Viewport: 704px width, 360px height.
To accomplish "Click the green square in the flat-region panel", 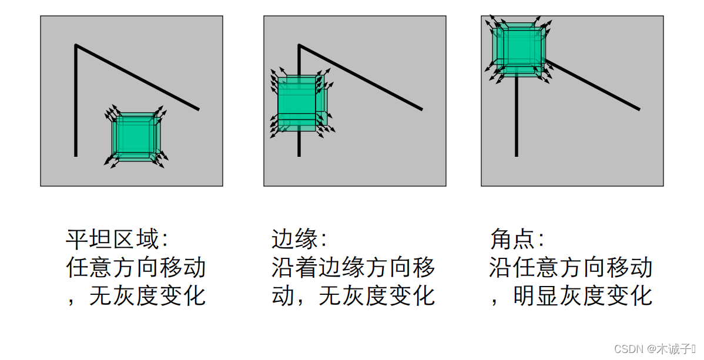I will click(135, 136).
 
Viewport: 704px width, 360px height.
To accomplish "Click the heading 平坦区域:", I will click(117, 240).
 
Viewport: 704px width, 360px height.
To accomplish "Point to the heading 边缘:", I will click(299, 240).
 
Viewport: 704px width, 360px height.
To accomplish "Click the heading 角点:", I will click(517, 240).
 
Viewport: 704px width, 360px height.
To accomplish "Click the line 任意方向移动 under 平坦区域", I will click(136, 268).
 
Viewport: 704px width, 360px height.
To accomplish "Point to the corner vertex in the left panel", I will click(76, 45).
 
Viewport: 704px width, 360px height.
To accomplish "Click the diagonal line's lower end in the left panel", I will click(198, 109).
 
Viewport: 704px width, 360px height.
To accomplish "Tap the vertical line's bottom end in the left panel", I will click(76, 155).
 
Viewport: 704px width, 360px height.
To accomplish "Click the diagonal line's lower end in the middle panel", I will click(421, 109).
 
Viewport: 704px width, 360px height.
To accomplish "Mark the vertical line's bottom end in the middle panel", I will click(299, 155).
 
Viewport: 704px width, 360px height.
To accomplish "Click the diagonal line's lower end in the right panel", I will click(639, 109).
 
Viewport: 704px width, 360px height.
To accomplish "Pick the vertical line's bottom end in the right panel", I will click(517, 155).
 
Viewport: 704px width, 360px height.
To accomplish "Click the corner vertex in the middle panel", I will click(299, 45).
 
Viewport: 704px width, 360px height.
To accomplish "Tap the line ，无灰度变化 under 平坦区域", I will click(136, 295).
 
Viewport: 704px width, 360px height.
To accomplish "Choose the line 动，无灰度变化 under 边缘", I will click(353, 295).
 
